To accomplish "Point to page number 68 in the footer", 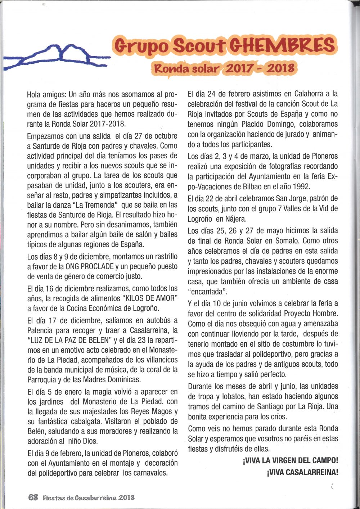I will point(33,497).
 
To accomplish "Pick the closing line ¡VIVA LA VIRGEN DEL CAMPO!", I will point(291,460).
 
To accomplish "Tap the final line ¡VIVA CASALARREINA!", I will point(302,472).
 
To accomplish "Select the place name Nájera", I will point(236,219).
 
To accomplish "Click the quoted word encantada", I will point(207,292).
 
